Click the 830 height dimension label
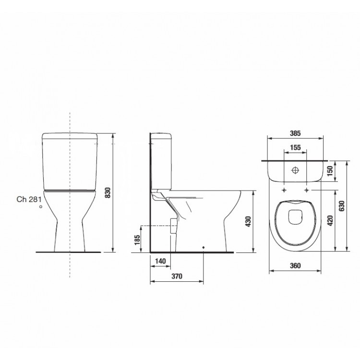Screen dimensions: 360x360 (x=108, y=192)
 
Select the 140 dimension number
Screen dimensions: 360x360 (x=161, y=261)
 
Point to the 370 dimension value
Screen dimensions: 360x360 (x=177, y=276)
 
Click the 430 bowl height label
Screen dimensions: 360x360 (x=248, y=222)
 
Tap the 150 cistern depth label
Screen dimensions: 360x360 (x=330, y=170)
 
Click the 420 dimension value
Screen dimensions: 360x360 (x=330, y=220)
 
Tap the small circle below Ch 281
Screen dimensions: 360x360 (x=41, y=206)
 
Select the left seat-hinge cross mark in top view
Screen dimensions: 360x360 (x=285, y=190)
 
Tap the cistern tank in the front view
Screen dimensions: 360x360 (x=71, y=161)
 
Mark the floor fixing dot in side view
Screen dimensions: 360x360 (x=204, y=248)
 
